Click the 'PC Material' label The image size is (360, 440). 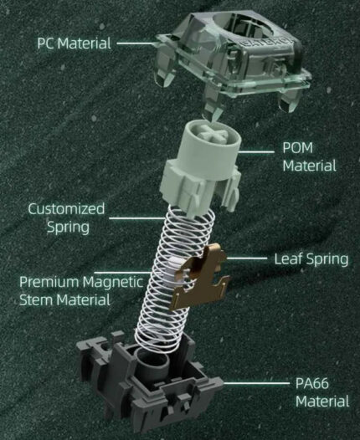click(75, 43)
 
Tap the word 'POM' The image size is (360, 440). click(298, 148)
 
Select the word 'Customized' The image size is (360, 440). click(66, 209)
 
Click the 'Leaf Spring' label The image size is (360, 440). click(311, 259)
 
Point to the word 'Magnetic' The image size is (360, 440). click(114, 282)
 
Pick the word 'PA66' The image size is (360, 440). click(312, 383)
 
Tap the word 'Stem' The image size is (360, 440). click(36, 299)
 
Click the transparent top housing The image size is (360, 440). click(234, 59)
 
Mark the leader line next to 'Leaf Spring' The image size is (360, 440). click(246, 258)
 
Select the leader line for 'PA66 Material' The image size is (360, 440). click(256, 383)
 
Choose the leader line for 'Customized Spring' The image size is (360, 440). click(137, 218)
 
